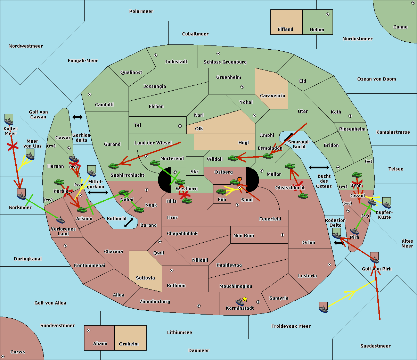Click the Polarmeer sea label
click(x=141, y=11)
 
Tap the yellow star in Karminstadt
click(x=245, y=299)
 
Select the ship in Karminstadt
click(x=240, y=302)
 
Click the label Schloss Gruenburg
click(x=225, y=62)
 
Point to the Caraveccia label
click(x=272, y=95)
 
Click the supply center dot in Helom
click(x=328, y=14)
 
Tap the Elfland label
click(x=285, y=30)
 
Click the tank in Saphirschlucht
click(x=113, y=166)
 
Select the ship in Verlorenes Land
click(x=60, y=220)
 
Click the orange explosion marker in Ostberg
click(x=239, y=179)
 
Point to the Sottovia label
click(x=145, y=278)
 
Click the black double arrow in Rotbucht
click(x=129, y=223)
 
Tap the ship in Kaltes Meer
click(x=9, y=122)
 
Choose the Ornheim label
click(x=129, y=344)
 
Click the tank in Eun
click(x=221, y=192)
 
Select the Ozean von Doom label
click(x=377, y=79)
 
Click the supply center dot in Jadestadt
click(x=156, y=55)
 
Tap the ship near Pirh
click(x=354, y=231)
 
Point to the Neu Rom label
click(x=244, y=236)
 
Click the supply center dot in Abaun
click(x=89, y=330)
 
